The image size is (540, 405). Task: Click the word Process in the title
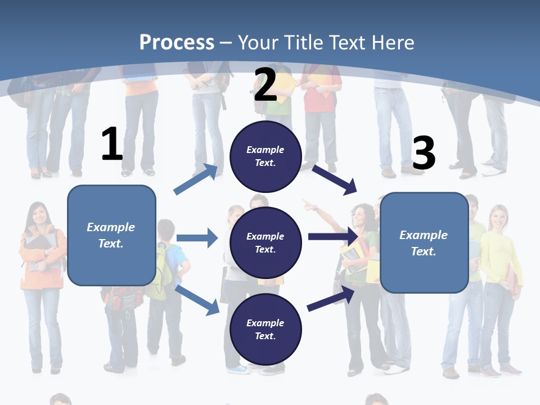click(x=177, y=42)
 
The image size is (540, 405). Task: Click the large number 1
click(x=112, y=144)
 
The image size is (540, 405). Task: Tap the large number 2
click(x=265, y=85)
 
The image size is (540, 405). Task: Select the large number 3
click(x=424, y=153)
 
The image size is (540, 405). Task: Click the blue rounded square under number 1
click(x=111, y=235)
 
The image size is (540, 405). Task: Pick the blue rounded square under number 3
click(x=424, y=242)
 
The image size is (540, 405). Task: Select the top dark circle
click(x=265, y=156)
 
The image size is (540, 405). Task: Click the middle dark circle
click(x=265, y=242)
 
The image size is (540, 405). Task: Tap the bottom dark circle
click(x=265, y=329)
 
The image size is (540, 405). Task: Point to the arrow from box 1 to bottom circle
click(x=197, y=300)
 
